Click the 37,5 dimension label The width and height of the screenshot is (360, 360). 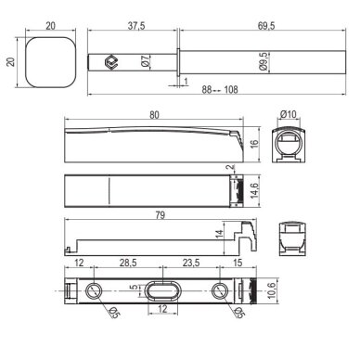(136, 26)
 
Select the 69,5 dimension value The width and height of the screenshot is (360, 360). (266, 26)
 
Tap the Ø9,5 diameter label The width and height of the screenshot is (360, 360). (264, 61)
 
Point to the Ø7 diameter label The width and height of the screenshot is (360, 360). (145, 61)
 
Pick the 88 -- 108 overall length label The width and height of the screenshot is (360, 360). (220, 90)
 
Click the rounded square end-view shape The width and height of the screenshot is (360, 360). (50, 62)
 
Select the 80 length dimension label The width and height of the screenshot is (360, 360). (154, 115)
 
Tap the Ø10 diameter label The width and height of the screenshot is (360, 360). (289, 114)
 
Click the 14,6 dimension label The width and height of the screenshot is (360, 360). (254, 190)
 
